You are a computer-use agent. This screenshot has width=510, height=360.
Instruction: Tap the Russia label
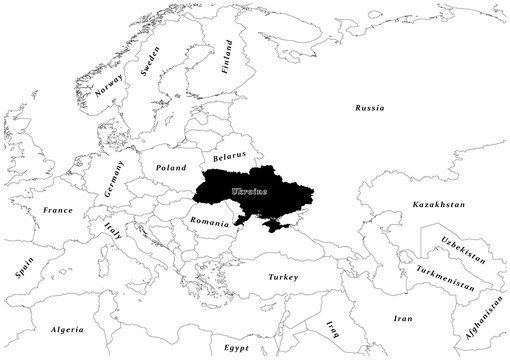click(371, 106)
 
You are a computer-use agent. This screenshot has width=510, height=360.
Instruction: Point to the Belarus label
click(232, 158)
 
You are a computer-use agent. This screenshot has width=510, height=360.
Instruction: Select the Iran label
click(402, 318)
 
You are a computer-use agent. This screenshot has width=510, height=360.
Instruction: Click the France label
click(58, 211)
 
